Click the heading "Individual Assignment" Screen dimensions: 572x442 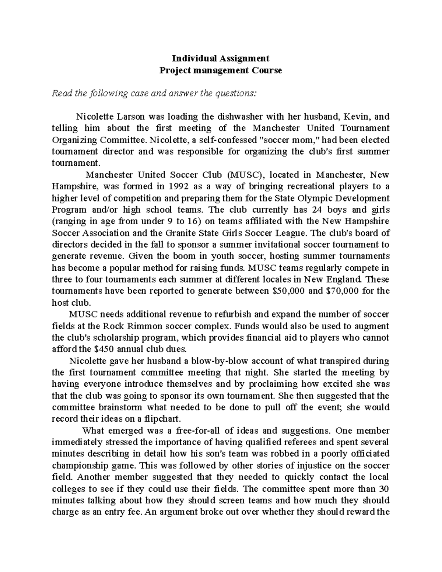point(220,58)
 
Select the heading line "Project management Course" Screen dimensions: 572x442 point(220,70)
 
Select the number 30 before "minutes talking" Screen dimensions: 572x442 point(384,489)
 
